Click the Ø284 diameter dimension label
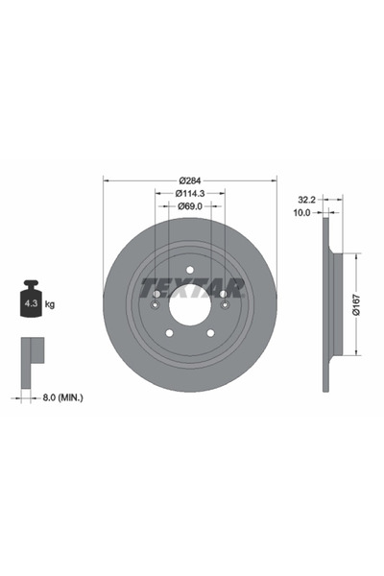tap(190, 180)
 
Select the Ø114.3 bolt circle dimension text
tap(190, 193)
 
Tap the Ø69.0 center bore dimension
tap(190, 206)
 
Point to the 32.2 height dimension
tap(307, 200)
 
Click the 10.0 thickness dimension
tap(301, 212)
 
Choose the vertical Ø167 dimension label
tap(356, 304)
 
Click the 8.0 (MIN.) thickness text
tap(62, 397)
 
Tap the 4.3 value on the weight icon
tap(31, 303)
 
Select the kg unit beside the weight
tap(50, 304)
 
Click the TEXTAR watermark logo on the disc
tap(192, 288)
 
